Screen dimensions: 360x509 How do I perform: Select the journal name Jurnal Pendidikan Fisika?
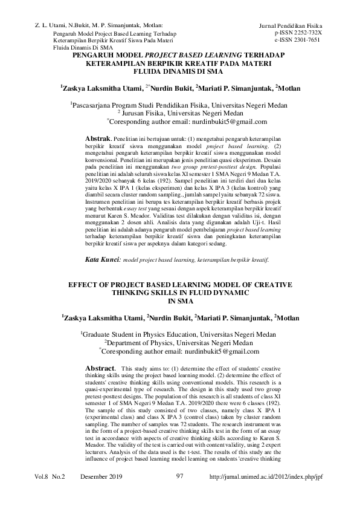click(x=291, y=26)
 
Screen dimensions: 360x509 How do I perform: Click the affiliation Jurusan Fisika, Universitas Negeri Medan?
click(x=181, y=112)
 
